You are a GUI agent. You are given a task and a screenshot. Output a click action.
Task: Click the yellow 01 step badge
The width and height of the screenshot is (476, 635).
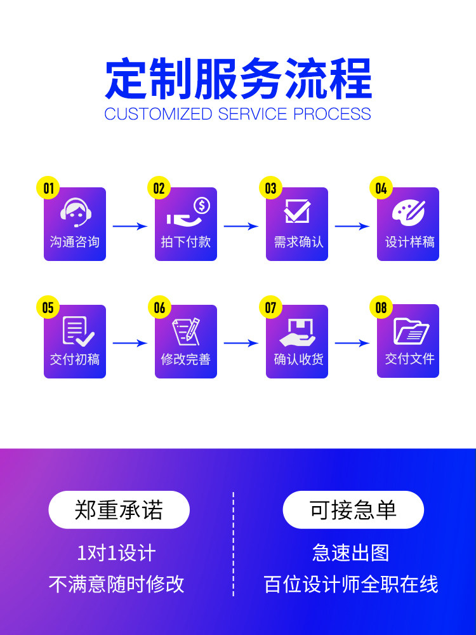tap(48, 188)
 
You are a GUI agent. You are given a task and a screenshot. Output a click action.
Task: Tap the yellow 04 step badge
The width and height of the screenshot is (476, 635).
tap(381, 188)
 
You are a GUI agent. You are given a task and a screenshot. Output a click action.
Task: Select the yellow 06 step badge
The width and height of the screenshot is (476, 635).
tap(159, 308)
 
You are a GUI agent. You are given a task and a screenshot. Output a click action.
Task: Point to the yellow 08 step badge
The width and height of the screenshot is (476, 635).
tap(381, 308)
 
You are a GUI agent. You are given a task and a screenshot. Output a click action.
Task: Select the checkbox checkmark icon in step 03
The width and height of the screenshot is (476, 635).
tap(297, 211)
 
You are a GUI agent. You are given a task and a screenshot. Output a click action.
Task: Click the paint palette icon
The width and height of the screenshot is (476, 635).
tap(408, 211)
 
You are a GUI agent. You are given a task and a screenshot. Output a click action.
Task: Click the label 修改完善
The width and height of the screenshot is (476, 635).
tap(185, 359)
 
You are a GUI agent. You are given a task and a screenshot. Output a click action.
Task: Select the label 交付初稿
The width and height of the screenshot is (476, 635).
tap(75, 359)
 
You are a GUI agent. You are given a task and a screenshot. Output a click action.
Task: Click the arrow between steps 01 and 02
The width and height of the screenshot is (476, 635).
tap(130, 225)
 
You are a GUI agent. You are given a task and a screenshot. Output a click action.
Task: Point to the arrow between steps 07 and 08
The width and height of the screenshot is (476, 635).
tap(352, 344)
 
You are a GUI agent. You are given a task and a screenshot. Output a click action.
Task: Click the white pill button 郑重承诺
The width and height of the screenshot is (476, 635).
tap(119, 510)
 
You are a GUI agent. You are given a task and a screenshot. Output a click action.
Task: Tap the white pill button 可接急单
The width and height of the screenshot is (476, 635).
tap(353, 510)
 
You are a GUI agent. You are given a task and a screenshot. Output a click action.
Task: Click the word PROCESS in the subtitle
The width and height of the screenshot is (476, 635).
tap(332, 114)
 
